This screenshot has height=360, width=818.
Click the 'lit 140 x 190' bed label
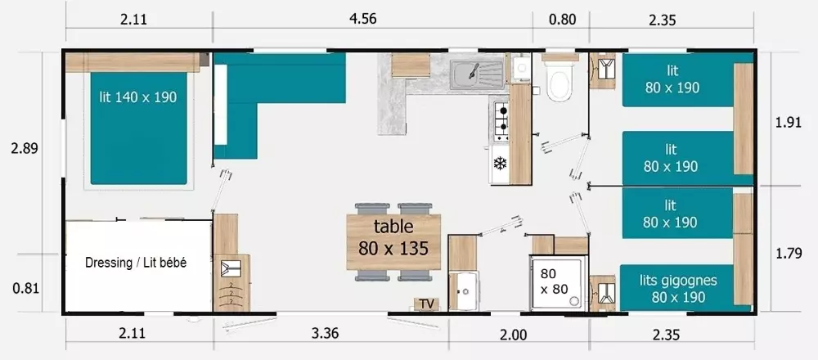point(138,97)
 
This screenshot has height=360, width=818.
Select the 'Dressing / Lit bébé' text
point(136,263)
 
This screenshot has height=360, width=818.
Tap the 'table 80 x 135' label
point(393,237)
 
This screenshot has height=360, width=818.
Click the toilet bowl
point(560,83)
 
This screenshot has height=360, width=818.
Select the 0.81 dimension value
point(25,288)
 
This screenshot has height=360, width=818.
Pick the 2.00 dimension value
point(514,335)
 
